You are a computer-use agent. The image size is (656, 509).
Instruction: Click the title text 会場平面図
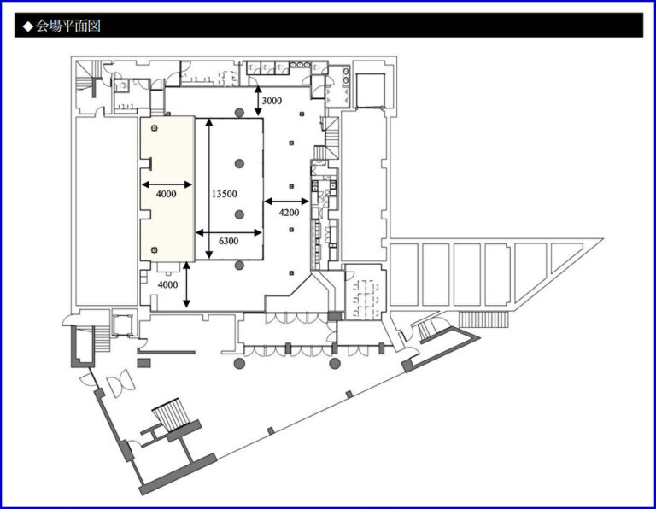pos(68,26)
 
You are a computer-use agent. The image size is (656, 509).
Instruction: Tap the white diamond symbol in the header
pos(28,26)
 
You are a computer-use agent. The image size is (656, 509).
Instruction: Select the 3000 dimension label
pos(272,101)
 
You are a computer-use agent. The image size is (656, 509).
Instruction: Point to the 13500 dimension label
pos(225,194)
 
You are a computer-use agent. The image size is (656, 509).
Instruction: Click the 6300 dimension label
pos(228,241)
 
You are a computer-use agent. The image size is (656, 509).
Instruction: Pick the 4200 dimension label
pos(289,213)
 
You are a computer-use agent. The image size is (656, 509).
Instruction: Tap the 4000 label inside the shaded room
pos(166,194)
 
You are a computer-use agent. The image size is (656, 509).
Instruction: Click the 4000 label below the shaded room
pos(167,285)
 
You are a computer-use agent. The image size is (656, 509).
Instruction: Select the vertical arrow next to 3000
pos(258,101)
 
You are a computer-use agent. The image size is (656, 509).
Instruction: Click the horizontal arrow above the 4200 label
pos(287,202)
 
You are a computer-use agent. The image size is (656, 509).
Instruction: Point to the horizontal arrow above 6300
pos(228,232)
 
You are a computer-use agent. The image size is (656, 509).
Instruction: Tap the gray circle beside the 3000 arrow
pos(239,113)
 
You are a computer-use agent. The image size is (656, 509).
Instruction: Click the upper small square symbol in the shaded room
pos(155,128)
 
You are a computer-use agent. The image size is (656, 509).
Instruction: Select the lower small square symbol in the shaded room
pos(155,250)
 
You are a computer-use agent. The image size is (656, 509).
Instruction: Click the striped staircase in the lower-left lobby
pos(172,414)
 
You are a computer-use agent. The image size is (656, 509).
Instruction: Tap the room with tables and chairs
pos(365,292)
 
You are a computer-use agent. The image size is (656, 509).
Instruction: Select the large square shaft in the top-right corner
pos(370,91)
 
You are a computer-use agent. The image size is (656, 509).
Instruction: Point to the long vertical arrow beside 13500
pos(209,188)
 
